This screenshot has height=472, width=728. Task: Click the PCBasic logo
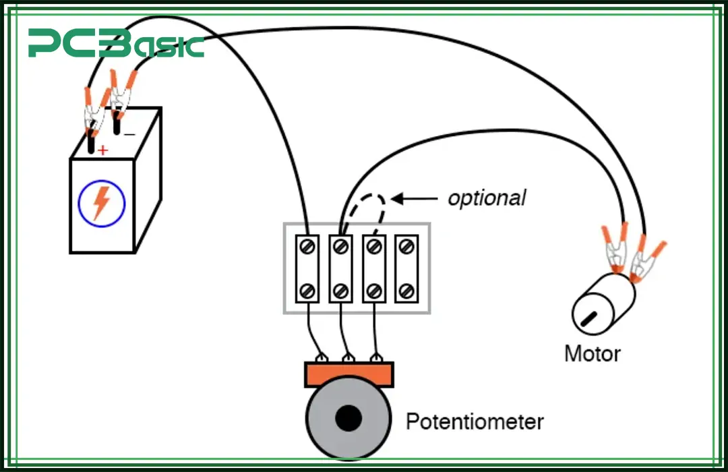click(115, 44)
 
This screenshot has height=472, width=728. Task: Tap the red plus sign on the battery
click(102, 150)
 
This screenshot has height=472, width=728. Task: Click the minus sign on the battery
click(129, 135)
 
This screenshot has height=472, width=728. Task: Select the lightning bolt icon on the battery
click(101, 202)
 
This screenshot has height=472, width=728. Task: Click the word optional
click(487, 198)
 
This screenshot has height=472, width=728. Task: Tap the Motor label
click(592, 353)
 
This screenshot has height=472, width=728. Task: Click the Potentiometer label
click(474, 422)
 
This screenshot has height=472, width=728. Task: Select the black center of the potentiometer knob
click(348, 419)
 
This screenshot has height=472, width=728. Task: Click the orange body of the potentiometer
click(348, 374)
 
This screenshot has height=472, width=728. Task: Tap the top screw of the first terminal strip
click(308, 247)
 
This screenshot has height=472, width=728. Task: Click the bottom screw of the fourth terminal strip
click(405, 291)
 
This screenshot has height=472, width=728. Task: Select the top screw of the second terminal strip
click(340, 247)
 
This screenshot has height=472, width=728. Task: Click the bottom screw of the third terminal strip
click(373, 291)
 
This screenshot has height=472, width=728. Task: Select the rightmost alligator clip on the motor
click(644, 260)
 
